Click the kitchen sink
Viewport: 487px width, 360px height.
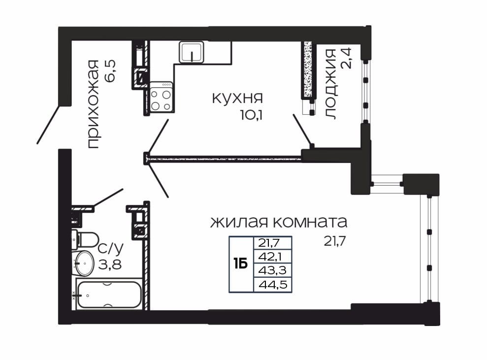192,52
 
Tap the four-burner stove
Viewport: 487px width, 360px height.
161,97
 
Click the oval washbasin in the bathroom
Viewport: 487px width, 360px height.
83,263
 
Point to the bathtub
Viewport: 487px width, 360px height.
109,295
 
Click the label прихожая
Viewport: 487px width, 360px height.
92,104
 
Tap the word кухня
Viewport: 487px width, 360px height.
237,98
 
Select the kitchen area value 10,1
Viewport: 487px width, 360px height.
251,115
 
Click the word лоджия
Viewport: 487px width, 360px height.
330,84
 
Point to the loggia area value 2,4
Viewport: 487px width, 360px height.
346,58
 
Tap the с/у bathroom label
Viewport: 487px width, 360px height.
111,248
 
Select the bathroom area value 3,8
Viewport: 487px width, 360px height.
110,264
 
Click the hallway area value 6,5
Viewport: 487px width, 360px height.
110,71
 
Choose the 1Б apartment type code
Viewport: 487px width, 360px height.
241,264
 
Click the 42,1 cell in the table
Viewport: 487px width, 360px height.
272,257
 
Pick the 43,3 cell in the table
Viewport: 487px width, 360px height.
272,270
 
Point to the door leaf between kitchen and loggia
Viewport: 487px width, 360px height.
303,130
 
